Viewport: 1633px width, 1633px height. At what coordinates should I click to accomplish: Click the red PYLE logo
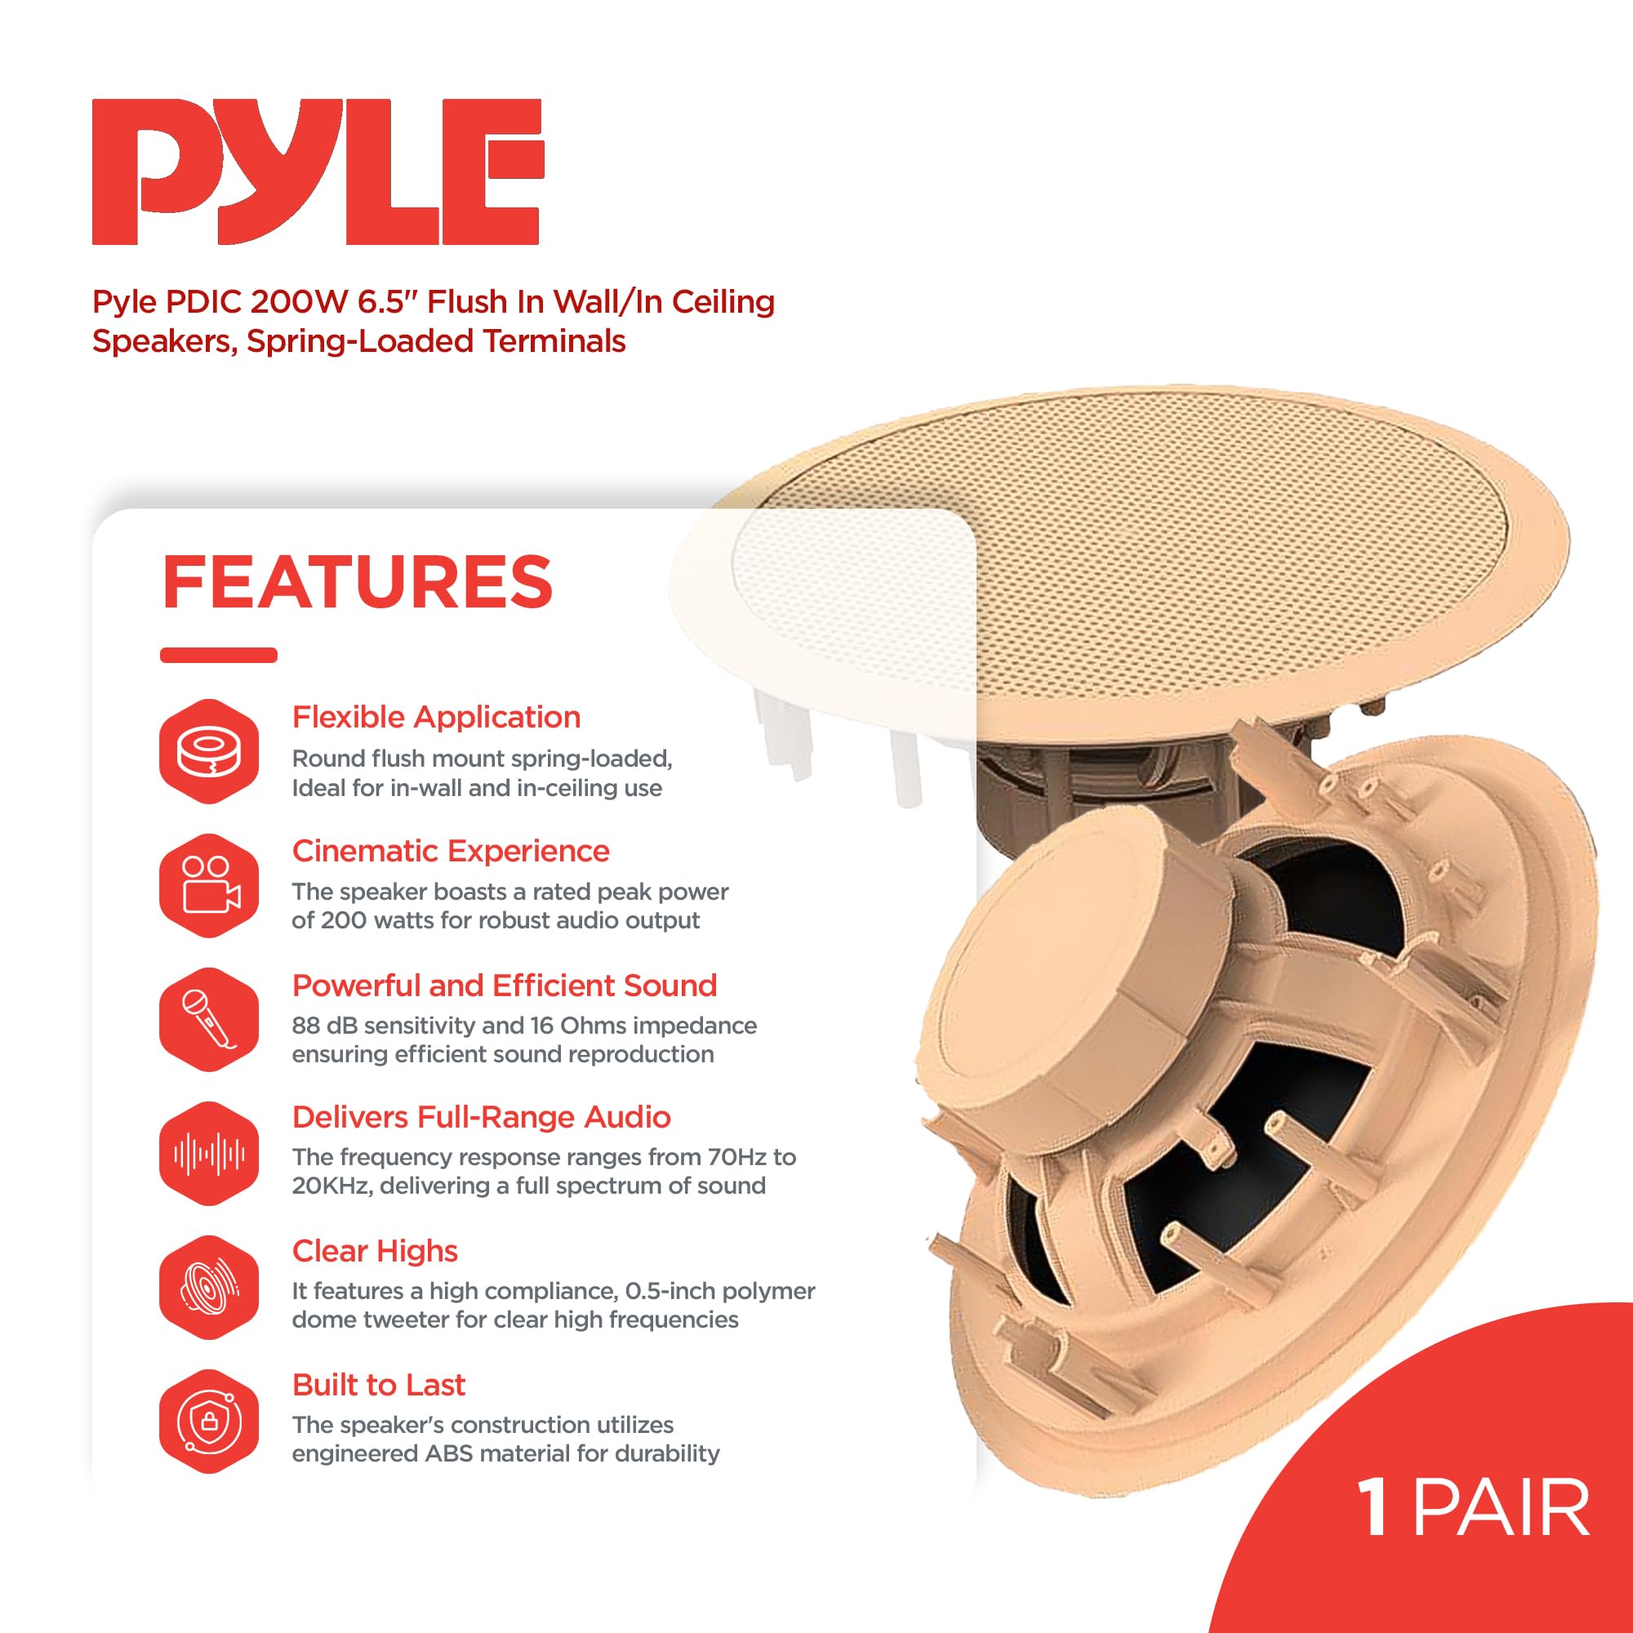point(317,171)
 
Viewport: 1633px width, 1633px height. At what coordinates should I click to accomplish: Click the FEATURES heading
point(357,582)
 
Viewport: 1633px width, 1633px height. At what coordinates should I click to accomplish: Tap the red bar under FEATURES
point(218,655)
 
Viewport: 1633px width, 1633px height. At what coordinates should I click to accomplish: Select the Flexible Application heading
point(436,717)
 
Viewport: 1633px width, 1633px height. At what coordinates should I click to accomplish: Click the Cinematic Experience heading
point(451,850)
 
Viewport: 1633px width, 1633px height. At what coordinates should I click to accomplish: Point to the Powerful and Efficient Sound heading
point(504,985)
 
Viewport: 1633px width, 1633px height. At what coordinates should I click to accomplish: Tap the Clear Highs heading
point(375,1250)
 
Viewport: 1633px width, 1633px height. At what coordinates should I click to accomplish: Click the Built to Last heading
point(378,1385)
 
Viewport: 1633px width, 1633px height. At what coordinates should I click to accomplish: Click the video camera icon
point(209,885)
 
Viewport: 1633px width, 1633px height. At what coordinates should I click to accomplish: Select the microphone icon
point(209,1019)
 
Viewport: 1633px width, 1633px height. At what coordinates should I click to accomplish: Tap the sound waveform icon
point(209,1153)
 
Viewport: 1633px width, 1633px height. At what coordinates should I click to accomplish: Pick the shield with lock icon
point(209,1421)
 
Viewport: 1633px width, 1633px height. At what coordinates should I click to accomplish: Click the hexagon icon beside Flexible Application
point(209,751)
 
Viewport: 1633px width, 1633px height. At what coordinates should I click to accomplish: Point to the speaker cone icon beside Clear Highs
point(209,1288)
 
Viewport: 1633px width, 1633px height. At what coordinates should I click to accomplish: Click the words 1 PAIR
point(1472,1508)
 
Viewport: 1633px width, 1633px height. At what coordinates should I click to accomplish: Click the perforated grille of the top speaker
point(1183,558)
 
